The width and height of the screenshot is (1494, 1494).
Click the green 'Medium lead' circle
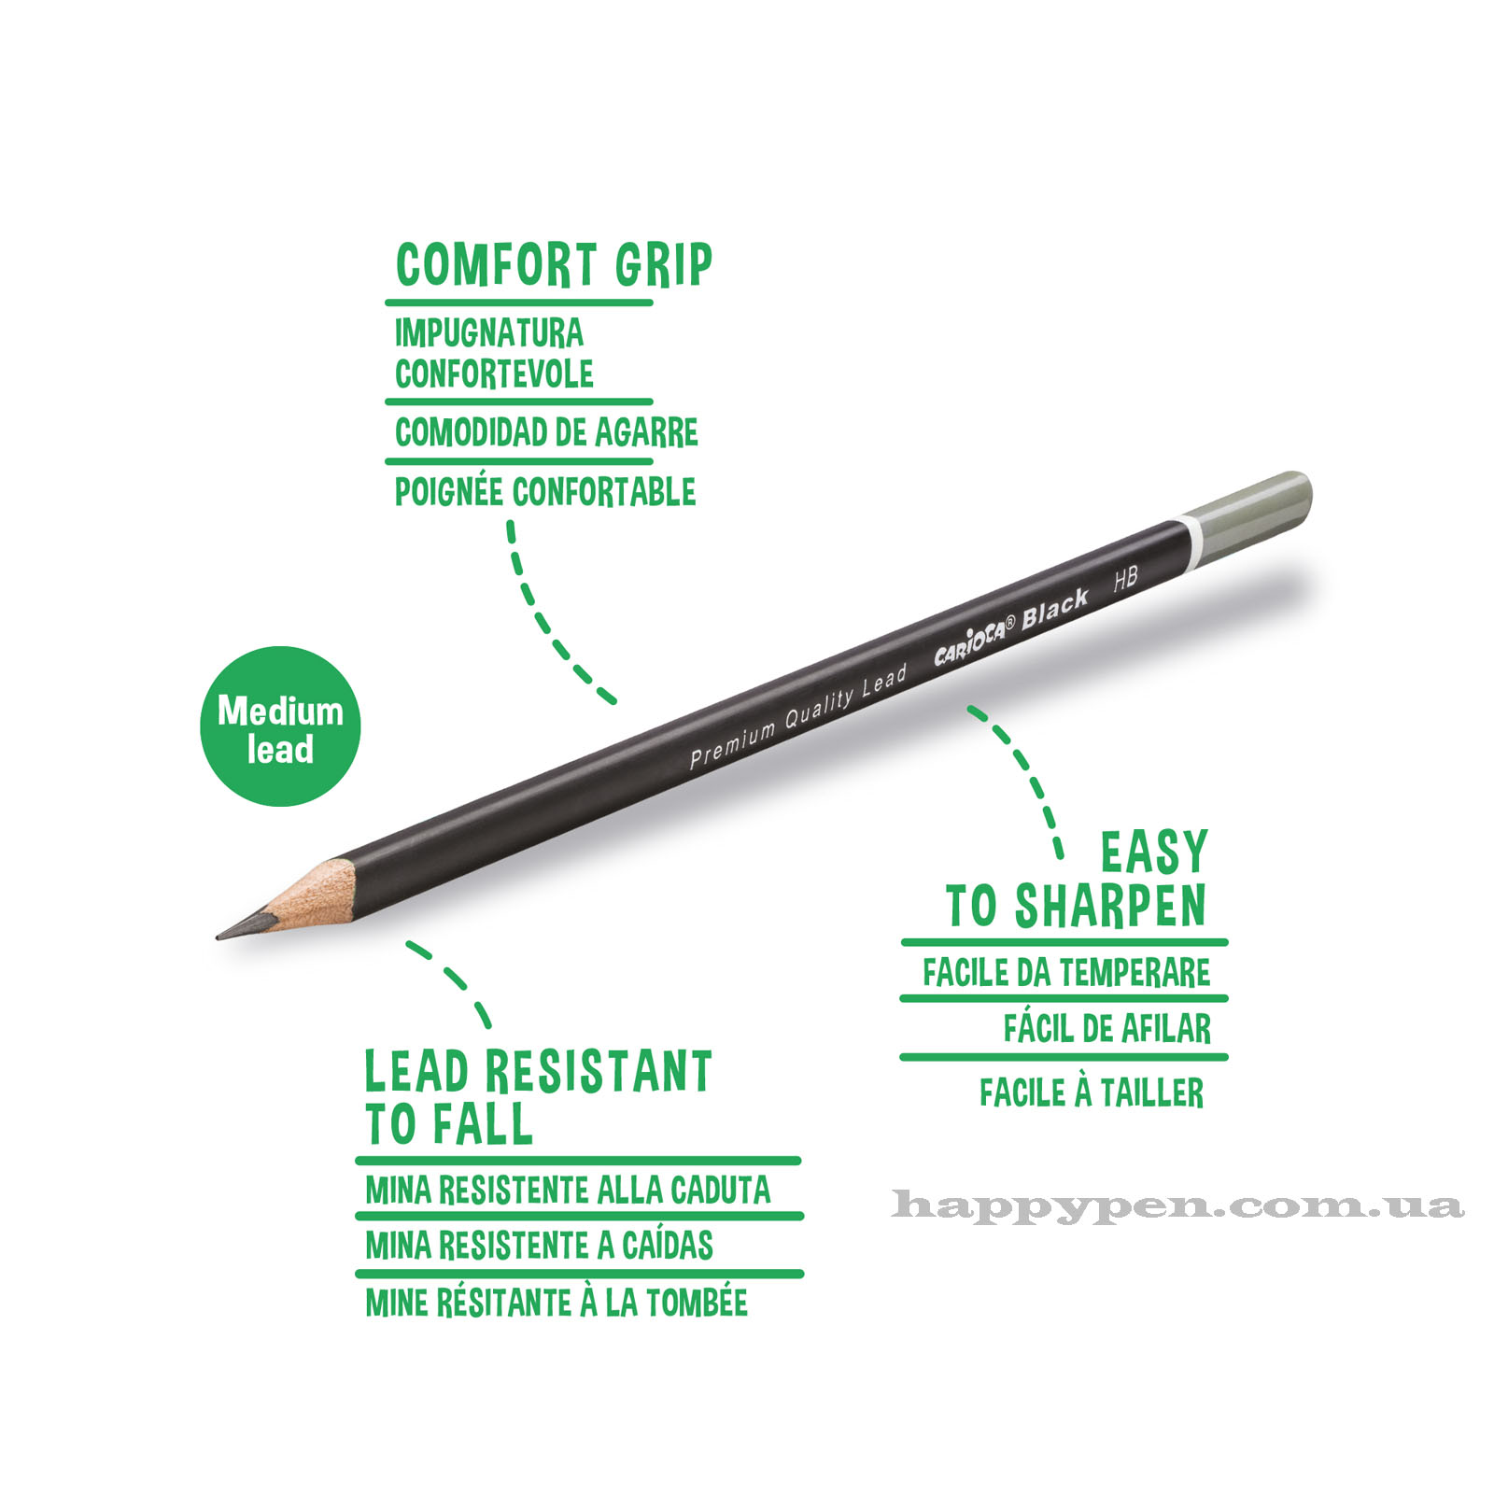[x=280, y=726]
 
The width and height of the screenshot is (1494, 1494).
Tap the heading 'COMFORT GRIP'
[x=554, y=265]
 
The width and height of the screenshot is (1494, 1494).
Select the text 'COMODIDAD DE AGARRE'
[x=546, y=432]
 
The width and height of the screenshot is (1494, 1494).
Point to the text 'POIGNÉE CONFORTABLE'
[x=545, y=492]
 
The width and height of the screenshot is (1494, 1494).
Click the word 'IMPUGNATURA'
[x=488, y=333]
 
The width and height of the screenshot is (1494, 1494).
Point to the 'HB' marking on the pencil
[x=1125, y=579]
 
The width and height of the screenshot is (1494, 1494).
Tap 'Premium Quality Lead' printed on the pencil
[x=798, y=716]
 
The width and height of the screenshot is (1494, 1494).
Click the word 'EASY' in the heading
[x=1154, y=852]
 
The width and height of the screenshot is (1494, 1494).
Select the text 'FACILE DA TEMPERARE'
[x=1066, y=973]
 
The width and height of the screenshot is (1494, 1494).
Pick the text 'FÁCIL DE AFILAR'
[x=1107, y=1028]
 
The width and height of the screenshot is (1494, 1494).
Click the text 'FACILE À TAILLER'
[x=1092, y=1092]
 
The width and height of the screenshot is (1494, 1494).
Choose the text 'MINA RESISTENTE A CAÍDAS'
[x=539, y=1245]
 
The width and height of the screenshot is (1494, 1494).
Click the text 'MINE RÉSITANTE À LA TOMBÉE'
[x=557, y=1302]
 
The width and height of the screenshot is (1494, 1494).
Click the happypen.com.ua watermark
[x=1177, y=1205]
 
